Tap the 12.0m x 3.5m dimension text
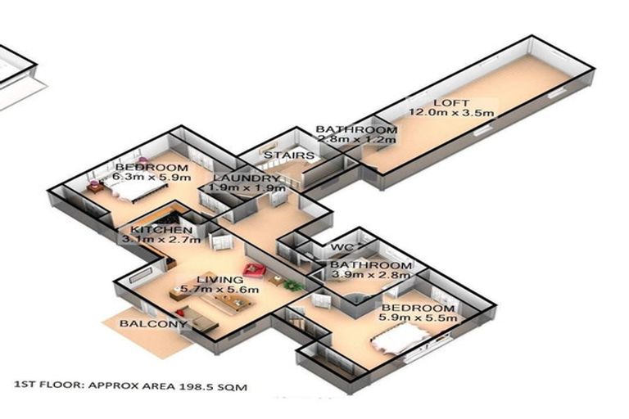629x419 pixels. [451, 113]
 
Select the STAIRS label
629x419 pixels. [288, 155]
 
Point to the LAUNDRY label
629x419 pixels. [246, 178]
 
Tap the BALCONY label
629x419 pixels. [153, 323]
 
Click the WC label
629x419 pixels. [342, 247]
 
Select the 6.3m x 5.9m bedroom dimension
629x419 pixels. [152, 177]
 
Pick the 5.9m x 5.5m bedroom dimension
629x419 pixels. [418, 318]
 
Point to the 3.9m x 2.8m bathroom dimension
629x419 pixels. [371, 275]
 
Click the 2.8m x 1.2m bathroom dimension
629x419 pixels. [356, 139]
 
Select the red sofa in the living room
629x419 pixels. [255, 270]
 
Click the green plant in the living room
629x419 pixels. [294, 285]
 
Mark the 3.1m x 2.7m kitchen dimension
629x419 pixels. [161, 240]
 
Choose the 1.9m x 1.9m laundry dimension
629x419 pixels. [247, 187]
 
